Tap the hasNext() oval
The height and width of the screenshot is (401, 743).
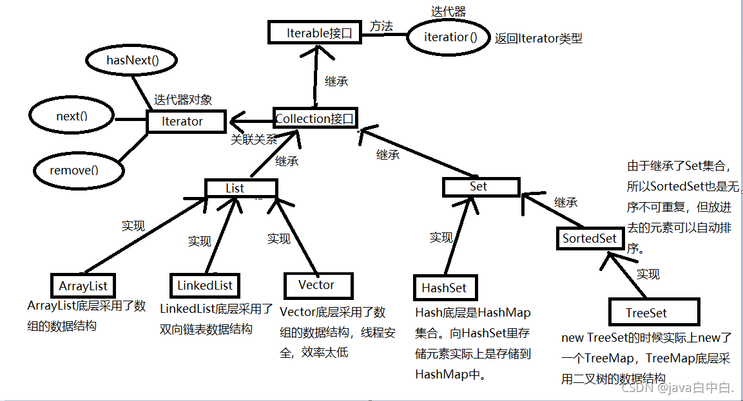[132, 61]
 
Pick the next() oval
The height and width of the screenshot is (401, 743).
[72, 117]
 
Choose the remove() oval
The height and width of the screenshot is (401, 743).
[78, 170]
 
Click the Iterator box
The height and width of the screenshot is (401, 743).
[186, 121]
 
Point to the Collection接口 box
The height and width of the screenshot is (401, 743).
[315, 118]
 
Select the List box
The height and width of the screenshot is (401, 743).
[241, 188]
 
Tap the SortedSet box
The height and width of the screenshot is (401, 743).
[590, 239]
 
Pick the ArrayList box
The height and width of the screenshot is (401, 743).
[82, 285]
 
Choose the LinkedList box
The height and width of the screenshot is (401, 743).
[205, 285]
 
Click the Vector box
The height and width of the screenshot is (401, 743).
[317, 285]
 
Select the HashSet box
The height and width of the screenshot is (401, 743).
[444, 288]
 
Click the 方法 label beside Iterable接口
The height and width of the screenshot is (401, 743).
[382, 26]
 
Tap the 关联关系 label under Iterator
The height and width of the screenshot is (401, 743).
[254, 139]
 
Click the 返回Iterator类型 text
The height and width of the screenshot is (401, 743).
[539, 39]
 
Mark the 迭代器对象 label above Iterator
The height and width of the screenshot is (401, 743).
[183, 100]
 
